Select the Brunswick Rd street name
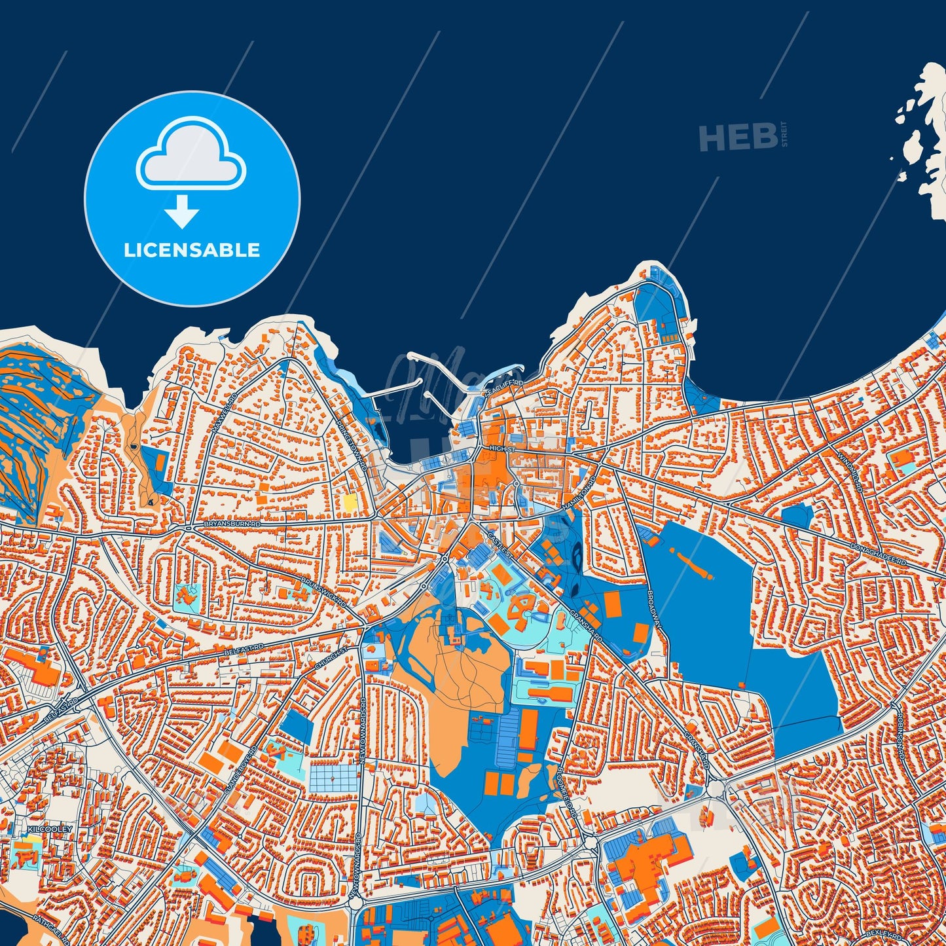(323, 591)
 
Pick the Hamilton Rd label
(579, 494)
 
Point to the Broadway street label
(655, 610)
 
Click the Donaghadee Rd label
(877, 555)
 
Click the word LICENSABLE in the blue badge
(192, 250)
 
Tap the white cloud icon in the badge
(191, 154)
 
